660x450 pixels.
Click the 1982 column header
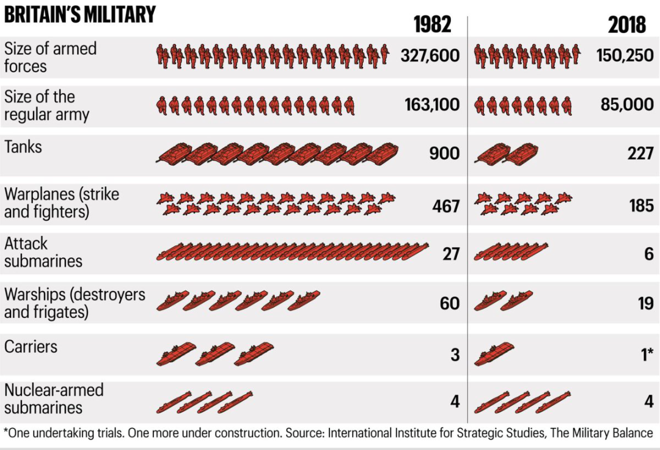click(x=432, y=24)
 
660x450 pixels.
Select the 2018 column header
click(x=627, y=24)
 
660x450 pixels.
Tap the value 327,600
click(x=430, y=56)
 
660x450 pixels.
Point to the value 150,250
click(x=625, y=56)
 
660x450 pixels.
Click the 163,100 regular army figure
click(x=431, y=105)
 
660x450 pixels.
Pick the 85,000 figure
click(x=627, y=105)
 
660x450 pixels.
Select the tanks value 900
click(x=444, y=153)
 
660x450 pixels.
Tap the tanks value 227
click(x=640, y=153)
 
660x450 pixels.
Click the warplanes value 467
click(x=446, y=205)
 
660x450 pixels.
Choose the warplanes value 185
click(x=641, y=205)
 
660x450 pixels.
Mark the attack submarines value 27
click(x=451, y=253)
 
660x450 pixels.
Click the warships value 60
click(x=450, y=303)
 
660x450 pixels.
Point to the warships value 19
click(x=646, y=303)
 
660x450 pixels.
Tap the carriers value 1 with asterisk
click(x=647, y=354)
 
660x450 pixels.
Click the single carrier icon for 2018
click(x=494, y=354)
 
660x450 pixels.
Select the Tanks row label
click(x=23, y=147)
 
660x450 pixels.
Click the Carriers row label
click(x=31, y=347)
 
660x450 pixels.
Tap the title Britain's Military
click(x=79, y=13)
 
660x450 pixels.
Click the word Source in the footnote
click(x=304, y=433)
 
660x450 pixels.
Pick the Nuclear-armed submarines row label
click(x=54, y=399)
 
